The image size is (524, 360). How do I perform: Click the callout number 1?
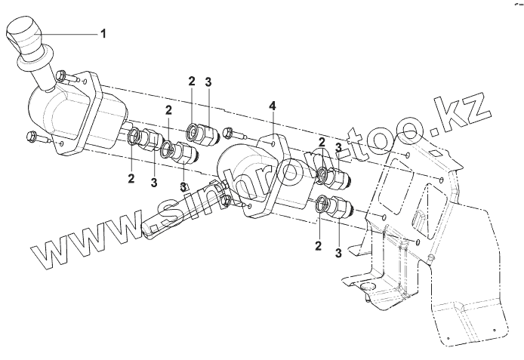105,33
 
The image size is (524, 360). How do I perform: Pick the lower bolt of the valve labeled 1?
32,137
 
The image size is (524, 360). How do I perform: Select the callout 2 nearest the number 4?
321,141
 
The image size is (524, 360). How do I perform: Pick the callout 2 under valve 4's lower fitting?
318,245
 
